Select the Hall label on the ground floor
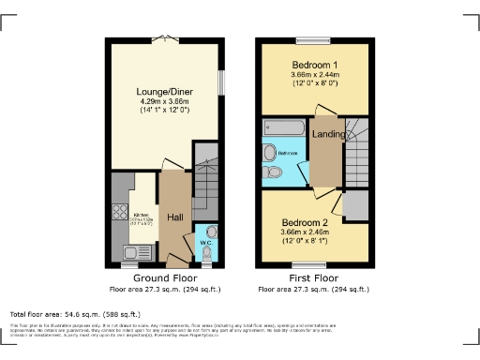[174, 217]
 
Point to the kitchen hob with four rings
[120, 212]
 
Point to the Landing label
[328, 133]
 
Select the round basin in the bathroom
[269, 152]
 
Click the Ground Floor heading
[165, 279]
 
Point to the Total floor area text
[75, 314]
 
